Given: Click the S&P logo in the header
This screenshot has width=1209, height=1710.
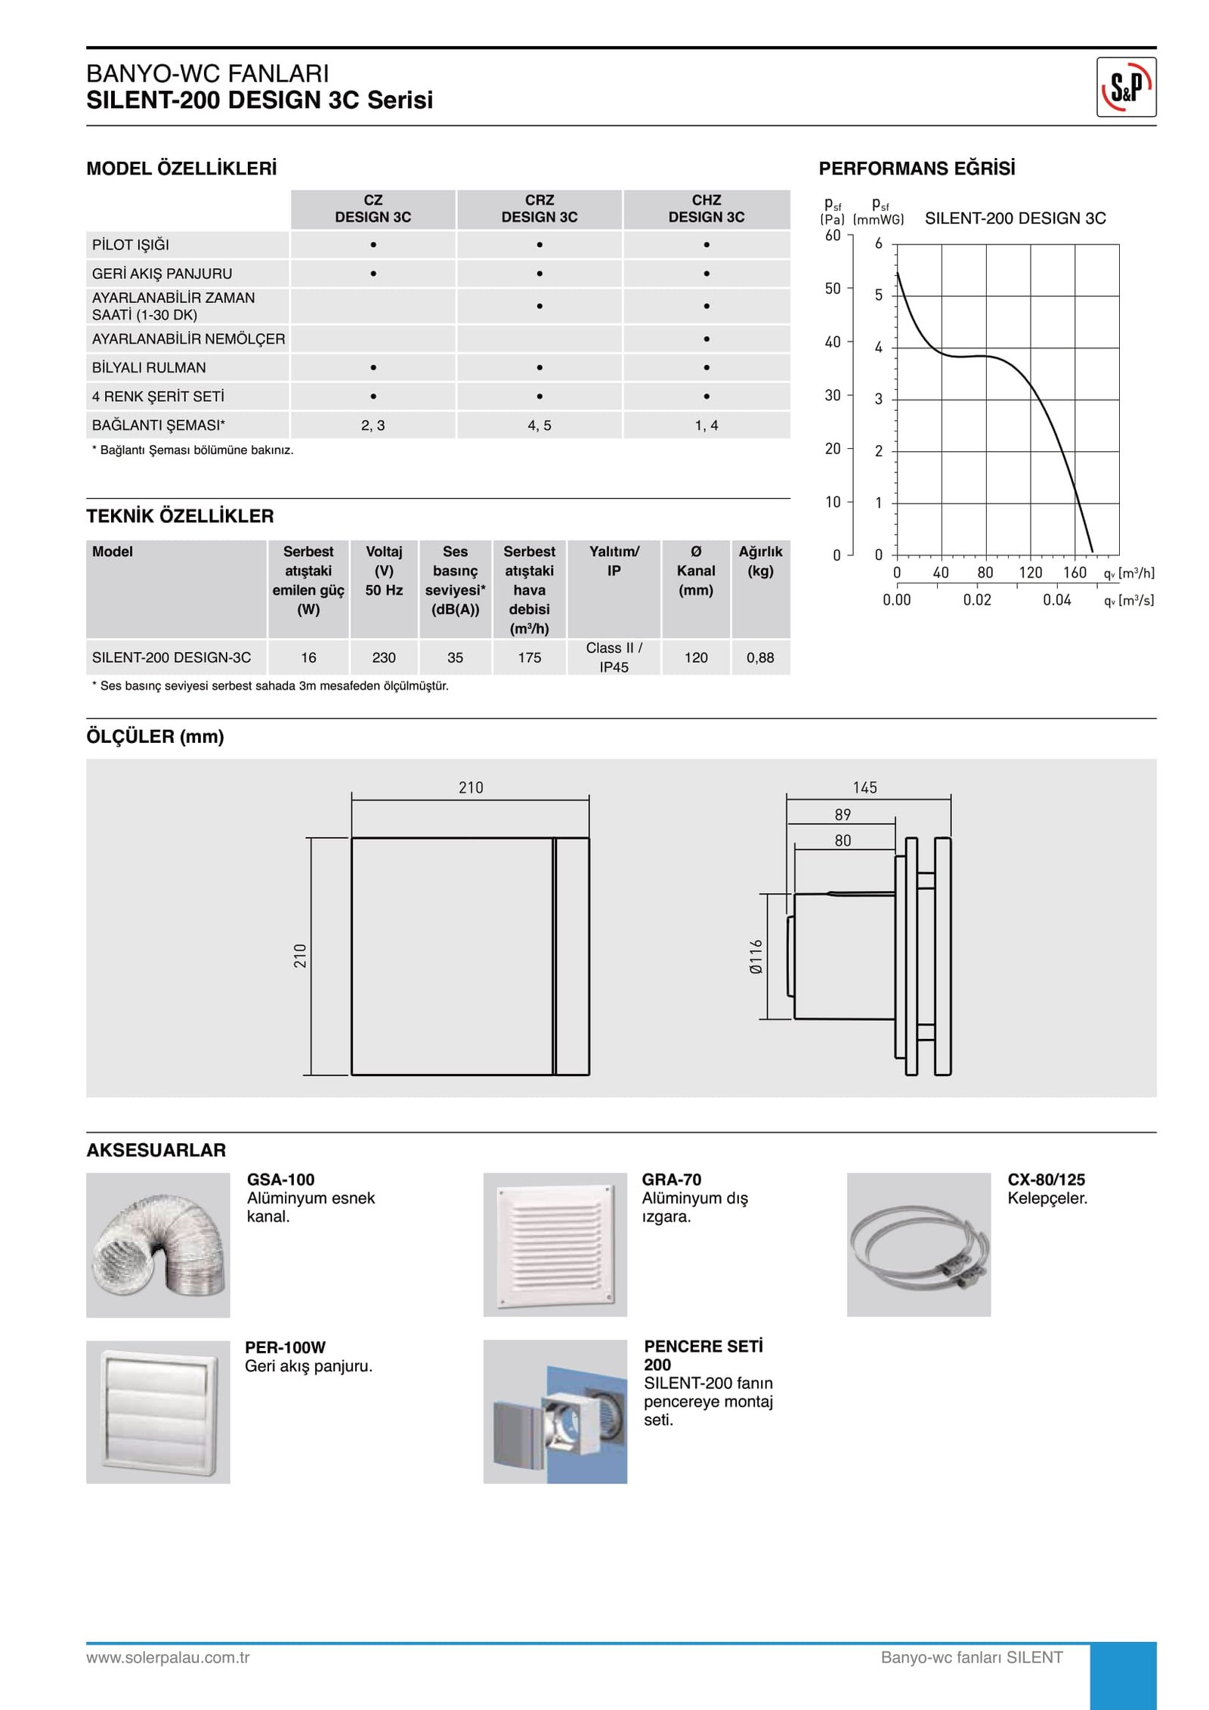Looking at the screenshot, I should tap(1125, 87).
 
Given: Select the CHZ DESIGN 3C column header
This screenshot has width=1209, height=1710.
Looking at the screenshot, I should tap(706, 209).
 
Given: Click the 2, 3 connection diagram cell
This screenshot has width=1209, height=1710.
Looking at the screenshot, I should tap(373, 425).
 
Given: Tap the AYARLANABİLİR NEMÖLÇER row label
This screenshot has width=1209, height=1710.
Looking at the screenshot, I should tap(188, 339).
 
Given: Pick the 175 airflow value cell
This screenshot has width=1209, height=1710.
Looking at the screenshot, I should tap(529, 657).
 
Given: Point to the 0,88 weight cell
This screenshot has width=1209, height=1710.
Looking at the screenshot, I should tap(760, 657).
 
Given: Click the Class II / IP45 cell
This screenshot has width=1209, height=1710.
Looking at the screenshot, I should tap(614, 657).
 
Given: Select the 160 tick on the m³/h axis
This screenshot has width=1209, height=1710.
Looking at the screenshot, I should tap(1074, 573).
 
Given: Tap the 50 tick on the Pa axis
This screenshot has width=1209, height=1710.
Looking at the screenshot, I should tap(832, 289).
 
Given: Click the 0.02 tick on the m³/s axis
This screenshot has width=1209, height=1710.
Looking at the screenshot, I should tap(976, 600).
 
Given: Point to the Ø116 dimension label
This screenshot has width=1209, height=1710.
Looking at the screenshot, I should tap(756, 957).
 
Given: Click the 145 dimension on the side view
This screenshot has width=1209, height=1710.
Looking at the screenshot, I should tap(864, 788).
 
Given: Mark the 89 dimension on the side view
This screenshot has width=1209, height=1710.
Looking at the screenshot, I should tap(843, 815).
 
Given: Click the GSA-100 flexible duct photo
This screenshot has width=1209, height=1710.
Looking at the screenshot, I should tap(158, 1245).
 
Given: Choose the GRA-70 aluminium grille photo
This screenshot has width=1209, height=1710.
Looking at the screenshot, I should tap(555, 1245).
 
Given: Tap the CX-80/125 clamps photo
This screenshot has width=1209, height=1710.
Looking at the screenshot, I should tap(918, 1245).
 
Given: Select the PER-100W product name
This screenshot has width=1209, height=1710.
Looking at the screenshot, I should tap(285, 1347).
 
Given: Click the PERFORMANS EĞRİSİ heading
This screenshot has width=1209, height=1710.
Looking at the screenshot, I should tap(917, 169).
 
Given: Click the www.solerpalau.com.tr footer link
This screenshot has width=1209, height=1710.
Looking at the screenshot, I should tap(168, 1657).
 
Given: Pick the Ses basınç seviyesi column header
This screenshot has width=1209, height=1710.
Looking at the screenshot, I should tap(455, 580).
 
